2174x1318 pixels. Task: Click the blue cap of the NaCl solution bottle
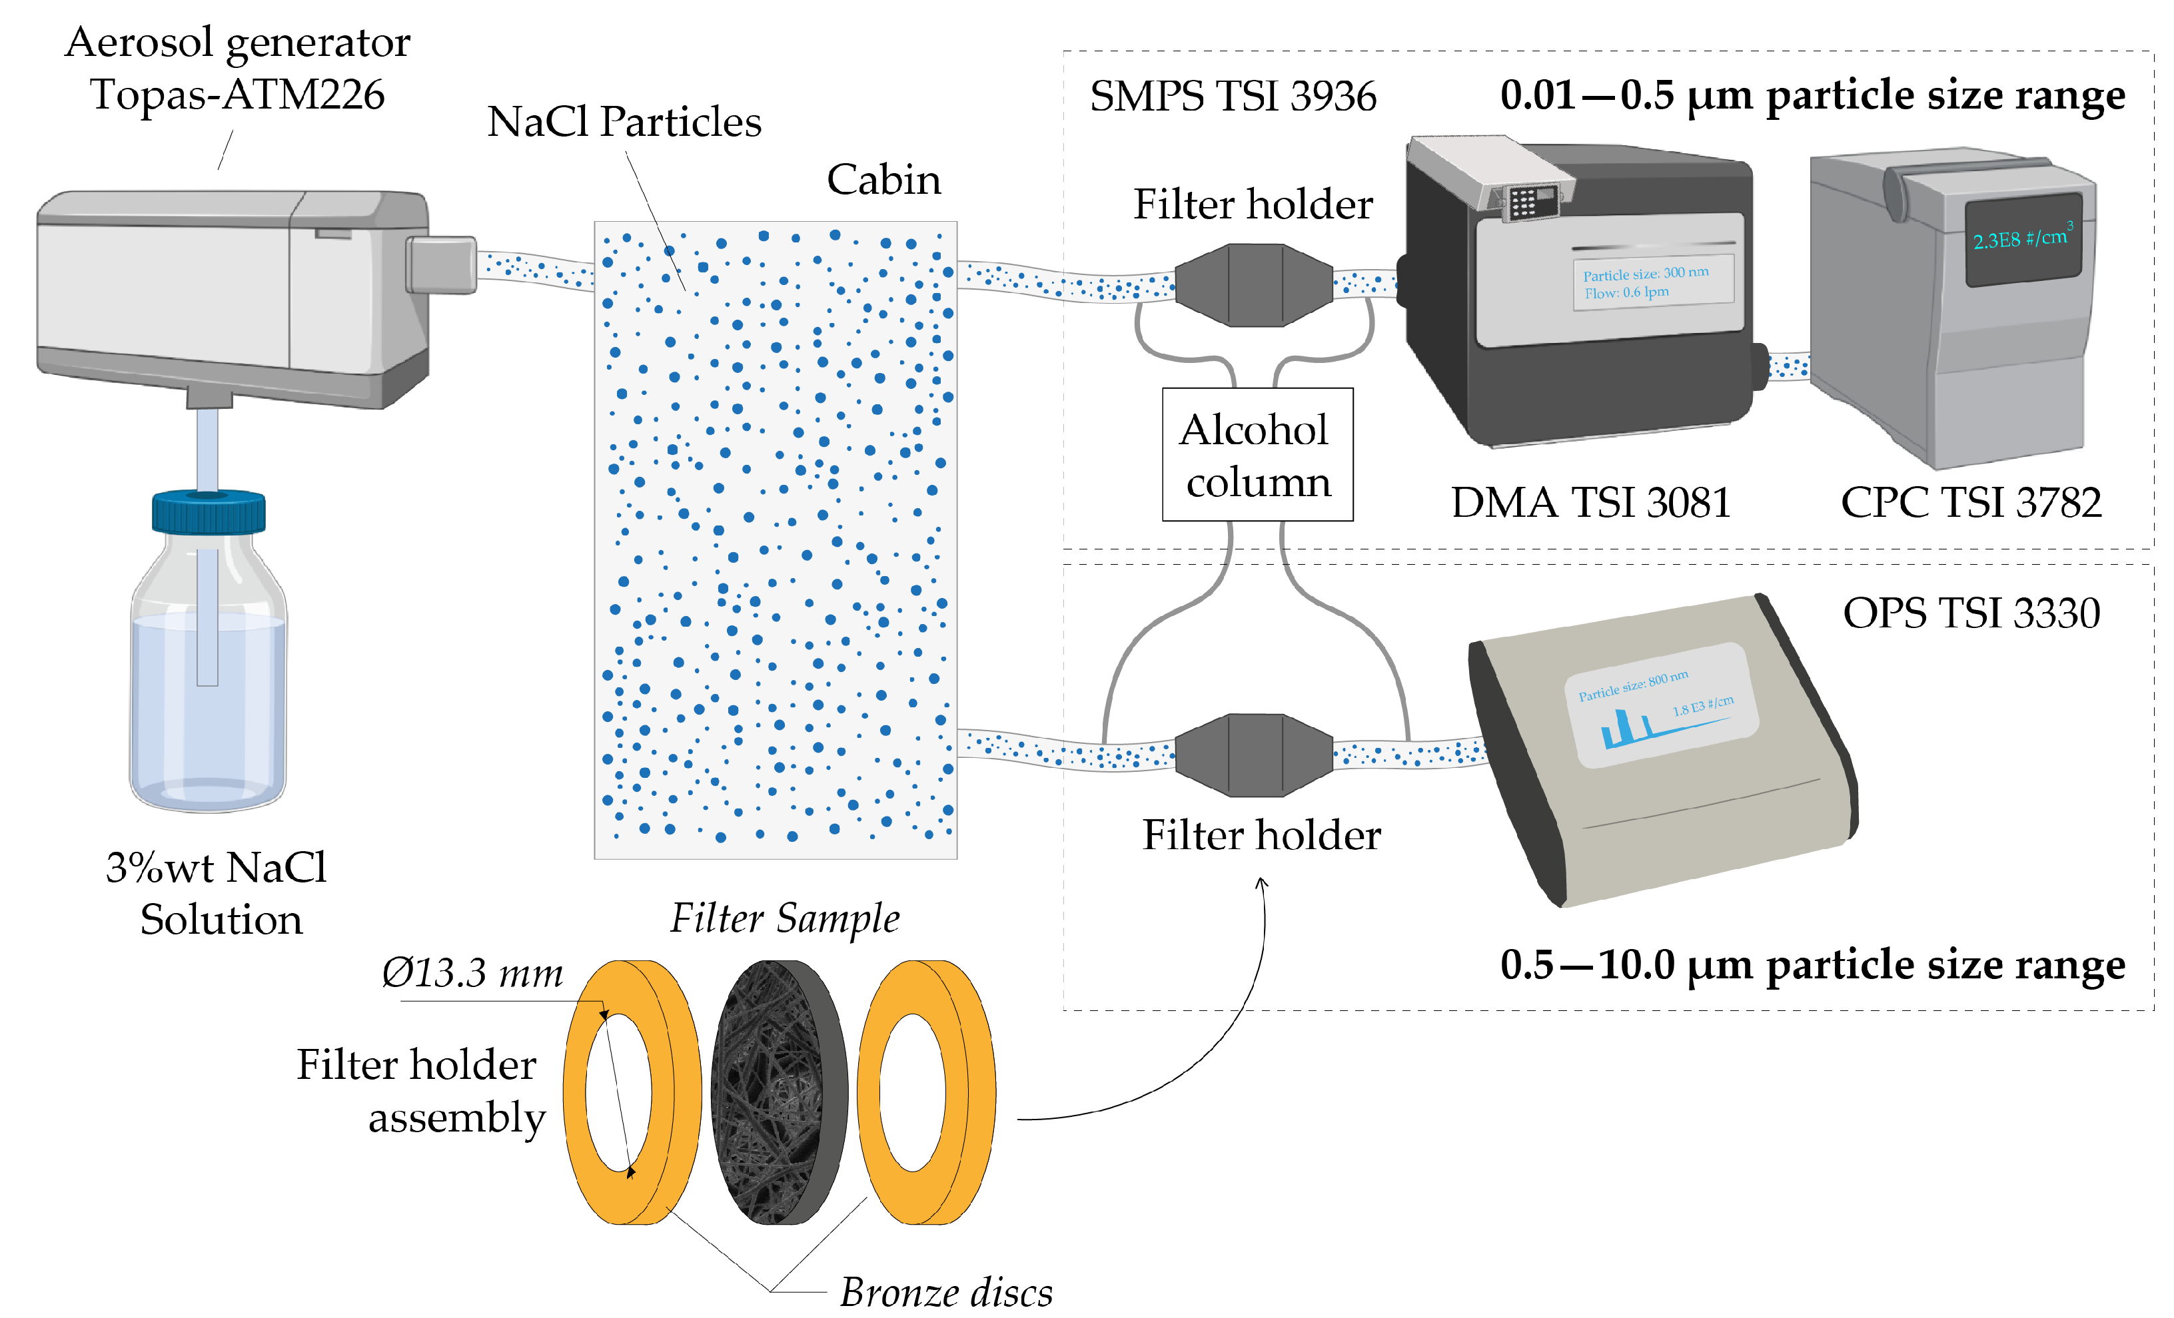(209, 511)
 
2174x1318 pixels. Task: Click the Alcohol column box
(1257, 454)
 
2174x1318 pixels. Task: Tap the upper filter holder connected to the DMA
(1254, 285)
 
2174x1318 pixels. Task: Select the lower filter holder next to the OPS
(1254, 755)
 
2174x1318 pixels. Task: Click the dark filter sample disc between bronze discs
(778, 1092)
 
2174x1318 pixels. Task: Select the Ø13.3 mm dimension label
(472, 974)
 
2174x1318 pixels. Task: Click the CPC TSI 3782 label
(1970, 503)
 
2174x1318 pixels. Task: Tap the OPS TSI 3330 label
(1970, 613)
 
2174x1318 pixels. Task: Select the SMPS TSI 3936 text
(1232, 96)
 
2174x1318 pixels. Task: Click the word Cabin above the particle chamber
(883, 180)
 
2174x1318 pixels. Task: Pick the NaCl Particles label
(624, 122)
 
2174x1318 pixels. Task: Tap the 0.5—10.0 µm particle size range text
(1812, 965)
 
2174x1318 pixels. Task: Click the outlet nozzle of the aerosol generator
(441, 264)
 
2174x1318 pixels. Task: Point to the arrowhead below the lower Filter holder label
(1261, 882)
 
